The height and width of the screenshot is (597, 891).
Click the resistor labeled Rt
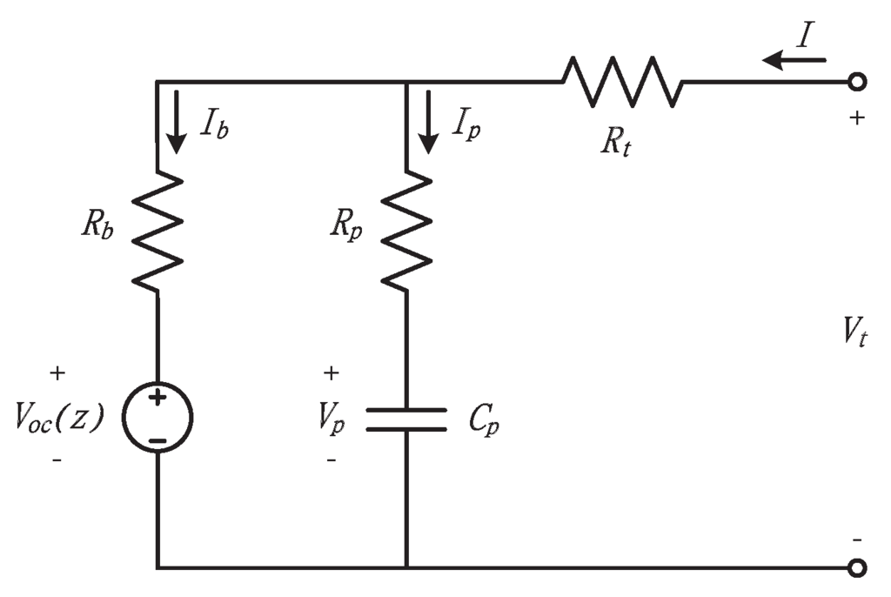pos(622,82)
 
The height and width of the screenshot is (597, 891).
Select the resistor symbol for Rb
pos(158,231)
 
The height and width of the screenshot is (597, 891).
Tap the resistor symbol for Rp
pos(407,231)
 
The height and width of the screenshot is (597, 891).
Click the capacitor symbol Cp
pos(407,419)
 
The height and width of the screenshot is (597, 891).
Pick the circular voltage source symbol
pos(158,419)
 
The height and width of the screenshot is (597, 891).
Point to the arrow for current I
pos(794,61)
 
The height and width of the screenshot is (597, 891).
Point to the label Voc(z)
pos(59,419)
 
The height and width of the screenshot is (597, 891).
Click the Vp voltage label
pos(332,419)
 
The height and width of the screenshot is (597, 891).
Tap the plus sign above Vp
pos(332,373)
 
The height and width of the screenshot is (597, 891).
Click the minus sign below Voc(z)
pos(57,459)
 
